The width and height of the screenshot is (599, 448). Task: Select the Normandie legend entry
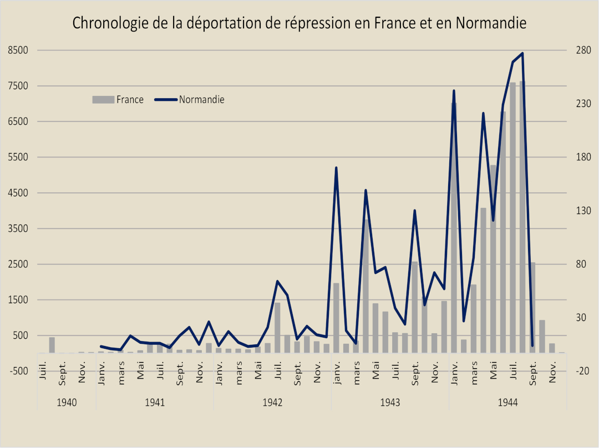(x=201, y=100)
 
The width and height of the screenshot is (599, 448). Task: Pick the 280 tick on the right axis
(x=584, y=50)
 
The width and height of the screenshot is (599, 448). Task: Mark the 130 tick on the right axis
(x=584, y=211)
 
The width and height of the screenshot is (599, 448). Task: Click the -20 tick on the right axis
(x=584, y=371)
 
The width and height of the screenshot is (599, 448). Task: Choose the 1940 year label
(x=67, y=402)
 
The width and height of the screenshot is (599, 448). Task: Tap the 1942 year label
(x=272, y=402)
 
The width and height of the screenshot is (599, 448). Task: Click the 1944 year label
(x=507, y=402)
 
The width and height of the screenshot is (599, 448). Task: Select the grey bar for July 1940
(x=52, y=345)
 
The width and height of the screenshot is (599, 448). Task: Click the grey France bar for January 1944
(x=454, y=233)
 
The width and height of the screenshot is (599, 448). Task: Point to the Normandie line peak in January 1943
(x=336, y=167)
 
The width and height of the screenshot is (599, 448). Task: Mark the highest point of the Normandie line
(x=522, y=53)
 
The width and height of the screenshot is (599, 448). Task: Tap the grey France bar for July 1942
(x=277, y=328)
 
